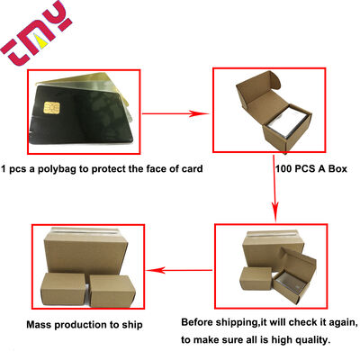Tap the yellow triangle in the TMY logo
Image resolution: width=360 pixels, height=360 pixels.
(x=41, y=41)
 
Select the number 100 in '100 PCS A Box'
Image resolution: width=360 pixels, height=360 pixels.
(x=283, y=168)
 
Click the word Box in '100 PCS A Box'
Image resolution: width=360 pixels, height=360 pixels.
(x=337, y=168)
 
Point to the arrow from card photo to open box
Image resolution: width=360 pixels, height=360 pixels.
(x=175, y=113)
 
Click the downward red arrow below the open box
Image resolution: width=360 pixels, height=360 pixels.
(x=274, y=188)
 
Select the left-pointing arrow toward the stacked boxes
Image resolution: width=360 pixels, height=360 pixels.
(x=180, y=270)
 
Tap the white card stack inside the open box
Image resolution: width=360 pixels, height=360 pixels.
(x=287, y=123)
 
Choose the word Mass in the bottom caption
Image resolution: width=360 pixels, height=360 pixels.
(x=39, y=325)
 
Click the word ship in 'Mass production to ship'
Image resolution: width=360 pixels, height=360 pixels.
(x=132, y=325)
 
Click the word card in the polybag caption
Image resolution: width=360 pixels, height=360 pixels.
(x=192, y=168)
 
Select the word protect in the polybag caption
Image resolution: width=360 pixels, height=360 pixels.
(x=108, y=169)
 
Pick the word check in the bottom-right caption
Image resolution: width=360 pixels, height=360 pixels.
(x=294, y=322)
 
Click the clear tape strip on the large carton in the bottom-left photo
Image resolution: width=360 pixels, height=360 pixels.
(x=85, y=230)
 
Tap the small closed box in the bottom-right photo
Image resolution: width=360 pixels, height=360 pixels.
(x=256, y=279)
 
